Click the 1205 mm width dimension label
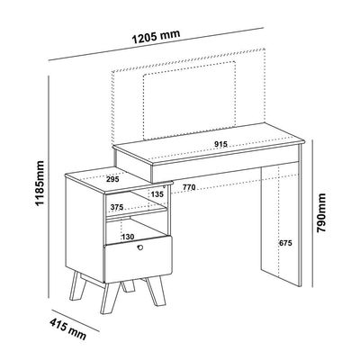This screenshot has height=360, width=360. tap(156, 36)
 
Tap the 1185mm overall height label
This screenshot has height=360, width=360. tap(40, 183)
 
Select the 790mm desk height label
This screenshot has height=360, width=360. tap(321, 212)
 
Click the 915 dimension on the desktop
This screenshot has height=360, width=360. tap(220, 144)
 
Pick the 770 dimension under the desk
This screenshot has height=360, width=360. tap(189, 187)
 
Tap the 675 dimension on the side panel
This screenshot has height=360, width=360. tap(285, 243)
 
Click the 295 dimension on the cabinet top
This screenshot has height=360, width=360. tap(112, 179)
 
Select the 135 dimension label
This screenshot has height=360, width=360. tap(157, 194)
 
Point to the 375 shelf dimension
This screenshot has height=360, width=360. tap(117, 207)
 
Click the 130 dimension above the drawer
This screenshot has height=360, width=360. tap(128, 237)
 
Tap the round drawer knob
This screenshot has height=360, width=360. tap(139, 247)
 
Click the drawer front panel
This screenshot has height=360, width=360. tap(138, 259)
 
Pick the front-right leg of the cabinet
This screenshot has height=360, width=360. tap(156, 290)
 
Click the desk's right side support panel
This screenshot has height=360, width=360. tap(281, 223)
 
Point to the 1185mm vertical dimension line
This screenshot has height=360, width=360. tap(49, 186)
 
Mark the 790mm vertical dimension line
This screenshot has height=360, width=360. tap(312, 213)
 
